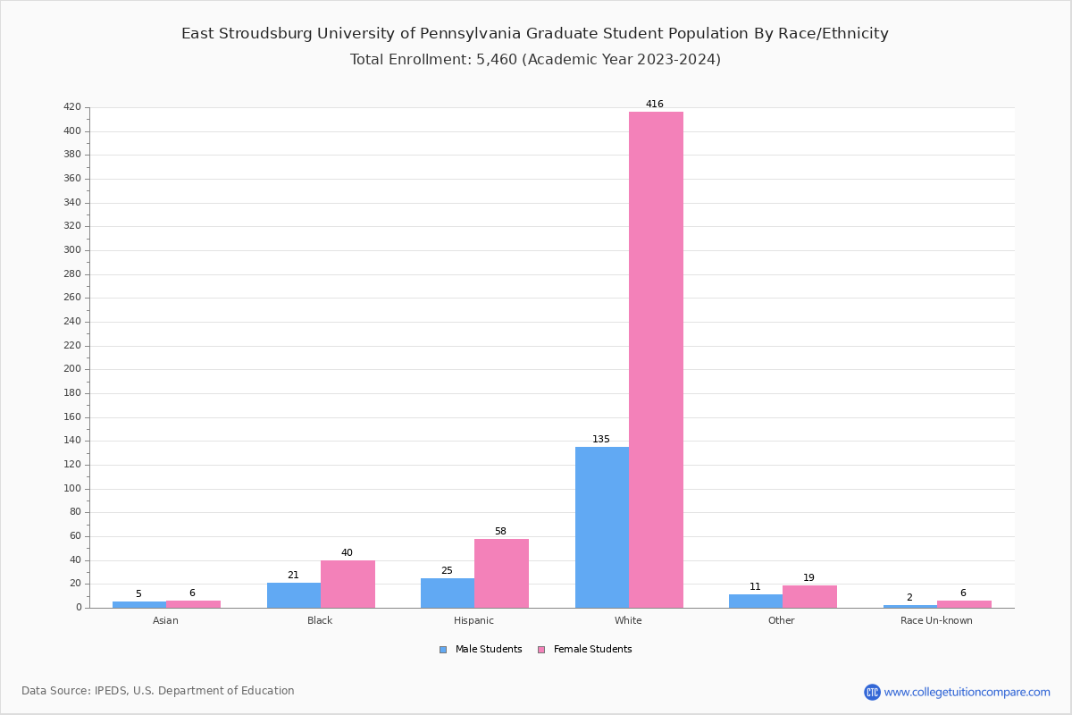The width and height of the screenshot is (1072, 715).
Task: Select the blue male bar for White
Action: (602, 527)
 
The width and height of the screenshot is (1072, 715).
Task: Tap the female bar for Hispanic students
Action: (501, 573)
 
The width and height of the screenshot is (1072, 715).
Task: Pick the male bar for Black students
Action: (294, 595)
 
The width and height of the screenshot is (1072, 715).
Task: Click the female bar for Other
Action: (809, 597)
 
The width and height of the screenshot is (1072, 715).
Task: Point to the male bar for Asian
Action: (139, 604)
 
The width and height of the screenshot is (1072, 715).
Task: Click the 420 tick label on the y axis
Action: (71, 107)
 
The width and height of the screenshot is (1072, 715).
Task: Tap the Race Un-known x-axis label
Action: (936, 620)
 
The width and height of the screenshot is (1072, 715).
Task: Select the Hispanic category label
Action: (473, 620)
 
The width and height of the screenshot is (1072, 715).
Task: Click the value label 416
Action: (655, 105)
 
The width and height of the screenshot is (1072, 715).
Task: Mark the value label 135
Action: (601, 440)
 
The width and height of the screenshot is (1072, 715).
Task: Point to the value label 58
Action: (500, 532)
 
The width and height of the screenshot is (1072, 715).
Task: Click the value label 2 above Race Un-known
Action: (909, 598)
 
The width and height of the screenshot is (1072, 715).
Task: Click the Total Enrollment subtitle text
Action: (535, 60)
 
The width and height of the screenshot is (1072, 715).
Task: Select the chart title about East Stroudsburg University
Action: (535, 34)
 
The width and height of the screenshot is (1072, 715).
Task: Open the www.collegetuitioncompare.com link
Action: (967, 692)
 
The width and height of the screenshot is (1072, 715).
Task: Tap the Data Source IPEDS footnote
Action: (158, 691)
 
